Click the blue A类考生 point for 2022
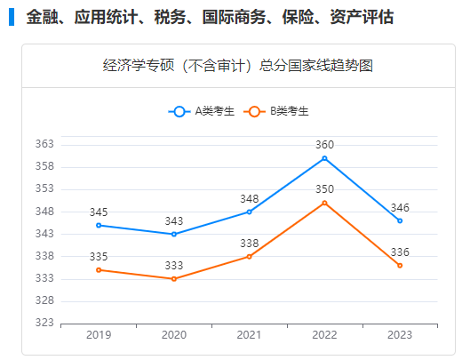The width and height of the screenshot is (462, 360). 324,158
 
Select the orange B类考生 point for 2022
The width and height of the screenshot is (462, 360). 324,203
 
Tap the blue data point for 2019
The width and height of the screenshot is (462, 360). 99,225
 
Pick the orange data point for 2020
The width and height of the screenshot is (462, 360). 174,279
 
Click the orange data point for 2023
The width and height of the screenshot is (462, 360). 400,266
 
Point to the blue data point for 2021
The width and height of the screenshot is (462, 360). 250,212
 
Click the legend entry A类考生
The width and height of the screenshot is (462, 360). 202,111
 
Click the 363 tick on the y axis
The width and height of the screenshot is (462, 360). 45,144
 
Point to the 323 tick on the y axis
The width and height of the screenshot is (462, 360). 45,324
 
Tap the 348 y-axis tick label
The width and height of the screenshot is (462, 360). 45,212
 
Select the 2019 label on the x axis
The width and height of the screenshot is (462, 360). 99,336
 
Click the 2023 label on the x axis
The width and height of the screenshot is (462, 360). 400,336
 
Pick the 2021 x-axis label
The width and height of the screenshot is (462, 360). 250,336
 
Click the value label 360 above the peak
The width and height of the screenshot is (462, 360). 324,145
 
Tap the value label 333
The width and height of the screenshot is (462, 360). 174,266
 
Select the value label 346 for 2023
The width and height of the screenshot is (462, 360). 400,207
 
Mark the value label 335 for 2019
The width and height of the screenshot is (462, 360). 99,257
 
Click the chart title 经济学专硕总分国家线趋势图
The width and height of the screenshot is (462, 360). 237,66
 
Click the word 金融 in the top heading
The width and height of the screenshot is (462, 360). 39,17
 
